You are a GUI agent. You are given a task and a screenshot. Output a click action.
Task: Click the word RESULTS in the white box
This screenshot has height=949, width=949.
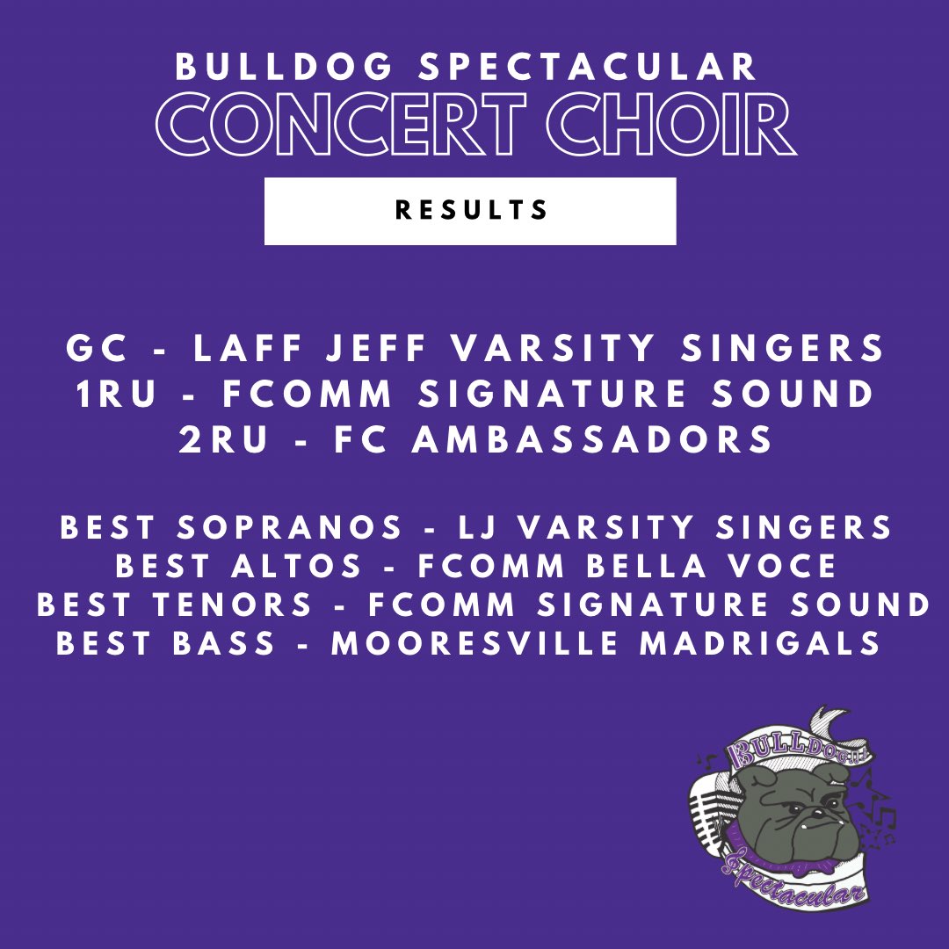(472, 211)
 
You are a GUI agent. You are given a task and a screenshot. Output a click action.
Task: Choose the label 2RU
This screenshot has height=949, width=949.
(223, 439)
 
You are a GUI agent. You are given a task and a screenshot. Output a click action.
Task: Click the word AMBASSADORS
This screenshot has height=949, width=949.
(593, 439)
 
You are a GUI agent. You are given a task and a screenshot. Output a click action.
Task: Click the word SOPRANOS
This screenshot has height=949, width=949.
(289, 528)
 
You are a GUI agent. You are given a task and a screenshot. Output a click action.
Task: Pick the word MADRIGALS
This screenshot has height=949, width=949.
(760, 643)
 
